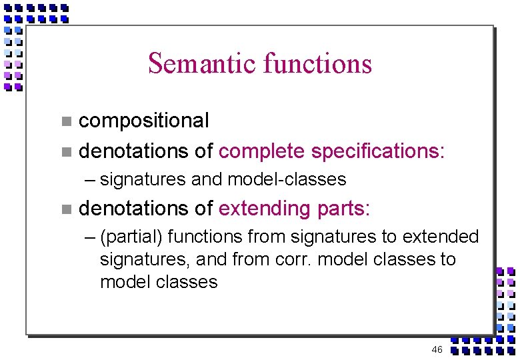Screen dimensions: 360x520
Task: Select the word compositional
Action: [144, 121]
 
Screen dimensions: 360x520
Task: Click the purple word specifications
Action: [377, 151]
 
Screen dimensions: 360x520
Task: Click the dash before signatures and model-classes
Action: [91, 180]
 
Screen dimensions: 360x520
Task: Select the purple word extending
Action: [264, 209]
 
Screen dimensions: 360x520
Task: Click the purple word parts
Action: [343, 209]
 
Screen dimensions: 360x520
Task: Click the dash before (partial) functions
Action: [91, 237]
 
